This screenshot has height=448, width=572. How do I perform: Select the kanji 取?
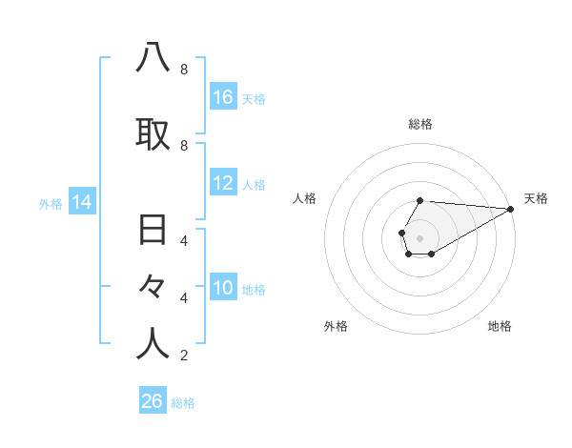pos(153,134)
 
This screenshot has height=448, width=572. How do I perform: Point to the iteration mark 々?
pos(153,287)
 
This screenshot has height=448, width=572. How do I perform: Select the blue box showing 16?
pos(223,96)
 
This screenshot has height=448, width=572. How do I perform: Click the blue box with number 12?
pos(223,183)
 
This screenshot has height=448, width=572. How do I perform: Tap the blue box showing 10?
pos(223,288)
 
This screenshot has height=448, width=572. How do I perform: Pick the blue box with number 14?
pos(82,202)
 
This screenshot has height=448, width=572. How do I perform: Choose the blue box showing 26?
pos(153,401)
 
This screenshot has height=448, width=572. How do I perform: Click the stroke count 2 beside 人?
pos(183,356)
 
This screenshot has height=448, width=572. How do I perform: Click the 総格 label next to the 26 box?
pos(183,403)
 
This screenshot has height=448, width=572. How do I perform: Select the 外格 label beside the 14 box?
pos(51,204)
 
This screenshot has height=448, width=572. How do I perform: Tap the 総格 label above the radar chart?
pos(420,124)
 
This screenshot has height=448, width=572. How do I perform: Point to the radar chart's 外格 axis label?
pos(336,327)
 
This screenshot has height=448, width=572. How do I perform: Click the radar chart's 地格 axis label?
pos(500,327)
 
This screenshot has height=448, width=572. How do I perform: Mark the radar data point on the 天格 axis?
pos(511,209)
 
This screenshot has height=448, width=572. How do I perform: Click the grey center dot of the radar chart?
pos(419,238)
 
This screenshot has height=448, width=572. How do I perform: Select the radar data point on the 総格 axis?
pos(419,200)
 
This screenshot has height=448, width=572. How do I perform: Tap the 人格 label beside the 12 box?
pos(254,185)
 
